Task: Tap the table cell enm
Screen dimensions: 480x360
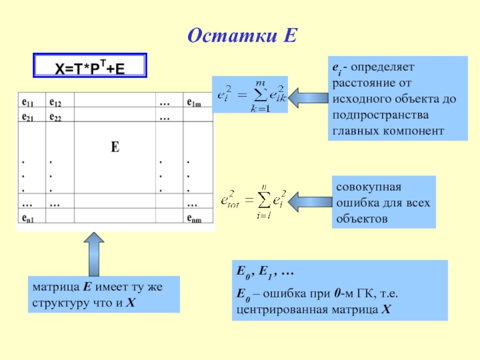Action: click(194, 219)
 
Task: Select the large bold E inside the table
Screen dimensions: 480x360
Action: click(115, 146)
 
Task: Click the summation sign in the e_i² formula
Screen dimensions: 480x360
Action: click(259, 95)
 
